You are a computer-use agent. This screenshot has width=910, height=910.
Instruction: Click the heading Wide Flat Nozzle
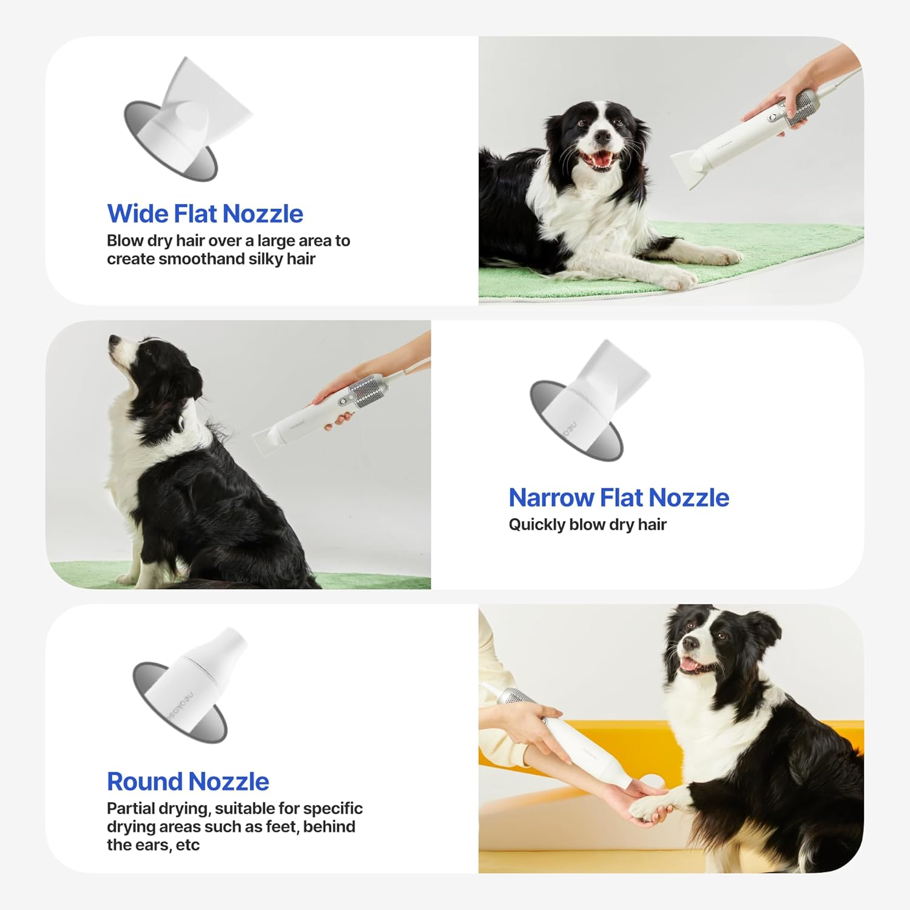tap(205, 214)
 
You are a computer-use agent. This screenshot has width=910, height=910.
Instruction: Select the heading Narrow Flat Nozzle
tap(618, 497)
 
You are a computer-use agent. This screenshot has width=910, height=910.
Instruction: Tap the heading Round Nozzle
tap(187, 781)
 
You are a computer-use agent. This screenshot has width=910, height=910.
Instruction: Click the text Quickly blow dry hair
tap(587, 524)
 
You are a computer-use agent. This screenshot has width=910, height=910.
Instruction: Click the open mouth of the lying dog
tap(599, 160)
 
